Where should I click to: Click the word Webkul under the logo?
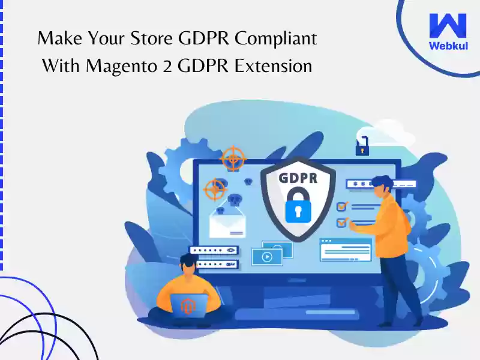(448, 46)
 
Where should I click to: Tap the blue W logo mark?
(448, 25)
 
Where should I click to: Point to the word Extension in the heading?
(273, 66)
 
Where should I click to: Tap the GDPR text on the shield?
(298, 178)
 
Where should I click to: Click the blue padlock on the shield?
(298, 206)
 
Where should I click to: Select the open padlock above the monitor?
(362, 146)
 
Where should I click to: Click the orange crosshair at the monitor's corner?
(233, 159)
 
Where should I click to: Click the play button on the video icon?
(267, 257)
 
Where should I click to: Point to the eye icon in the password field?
(231, 250)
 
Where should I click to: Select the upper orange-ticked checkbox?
(342, 206)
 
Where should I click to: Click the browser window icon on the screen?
(346, 250)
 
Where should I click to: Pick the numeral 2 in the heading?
(167, 67)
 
